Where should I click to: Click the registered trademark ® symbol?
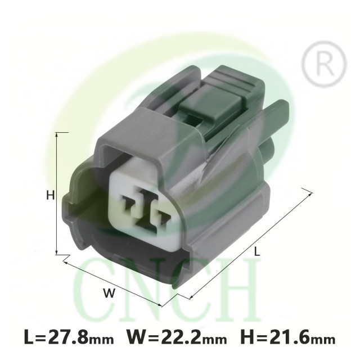coord(324,64)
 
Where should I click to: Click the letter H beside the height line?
coord(50,195)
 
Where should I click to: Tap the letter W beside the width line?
coord(109,293)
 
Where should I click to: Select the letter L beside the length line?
coord(257,251)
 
